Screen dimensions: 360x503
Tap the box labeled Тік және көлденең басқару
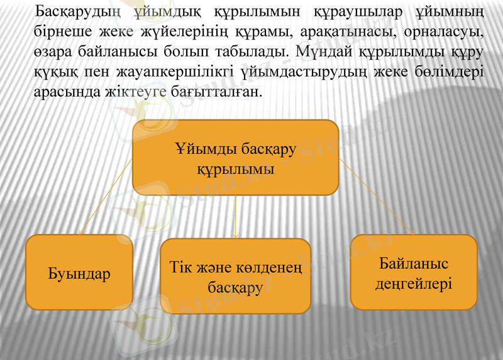[x=235, y=276]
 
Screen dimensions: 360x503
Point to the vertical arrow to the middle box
[x=235, y=217]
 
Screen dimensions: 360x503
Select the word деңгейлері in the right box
[x=413, y=284]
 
